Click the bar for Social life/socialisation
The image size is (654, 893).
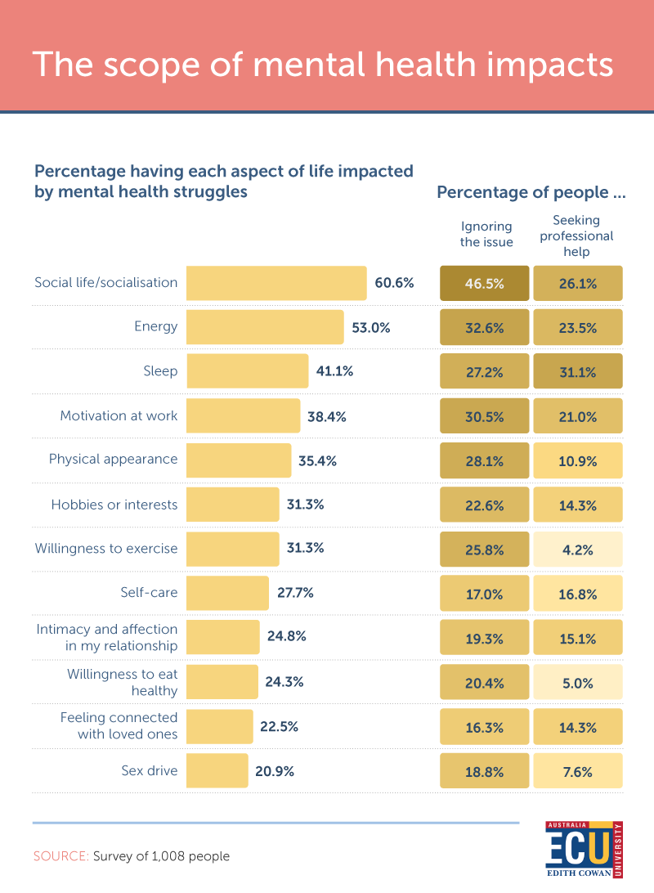(276, 283)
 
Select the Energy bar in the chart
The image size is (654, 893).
(265, 327)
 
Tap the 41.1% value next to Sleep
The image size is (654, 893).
(334, 371)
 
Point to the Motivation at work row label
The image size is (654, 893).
(119, 415)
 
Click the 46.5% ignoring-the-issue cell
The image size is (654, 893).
(484, 284)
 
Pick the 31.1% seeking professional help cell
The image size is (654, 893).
(578, 372)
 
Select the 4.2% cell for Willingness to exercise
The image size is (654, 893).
(578, 549)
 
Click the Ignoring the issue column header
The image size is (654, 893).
(486, 234)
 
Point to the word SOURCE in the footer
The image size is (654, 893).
(60, 856)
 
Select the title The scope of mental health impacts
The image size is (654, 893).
(323, 64)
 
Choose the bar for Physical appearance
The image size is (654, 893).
(238, 460)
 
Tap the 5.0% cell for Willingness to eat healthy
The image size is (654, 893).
(578, 683)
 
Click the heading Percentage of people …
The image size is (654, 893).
(531, 193)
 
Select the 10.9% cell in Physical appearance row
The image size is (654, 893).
(578, 460)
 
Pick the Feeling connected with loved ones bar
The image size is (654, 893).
(219, 726)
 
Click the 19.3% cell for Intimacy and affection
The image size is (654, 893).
(484, 639)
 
